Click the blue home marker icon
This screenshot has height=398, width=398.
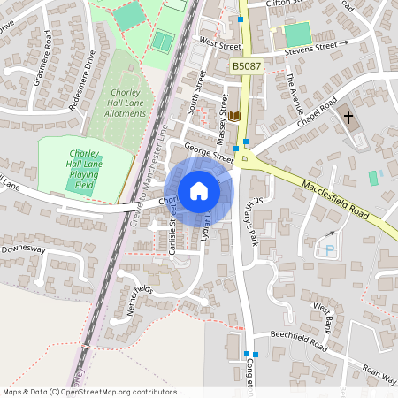(x=198, y=191)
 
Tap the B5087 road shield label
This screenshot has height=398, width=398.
(x=248, y=66)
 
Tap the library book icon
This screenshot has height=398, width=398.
(x=234, y=117)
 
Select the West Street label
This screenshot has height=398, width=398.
(x=220, y=42)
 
